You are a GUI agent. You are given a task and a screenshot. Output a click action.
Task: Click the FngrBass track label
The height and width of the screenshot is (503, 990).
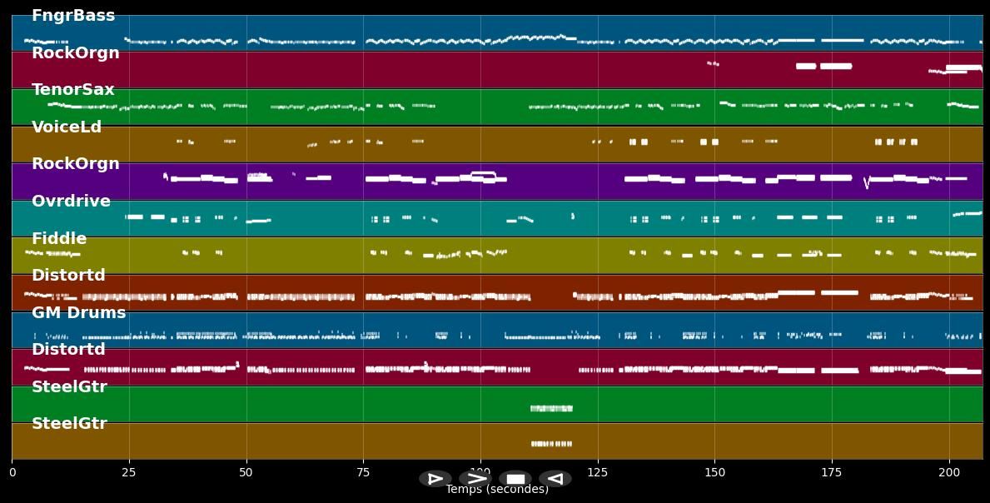(73, 16)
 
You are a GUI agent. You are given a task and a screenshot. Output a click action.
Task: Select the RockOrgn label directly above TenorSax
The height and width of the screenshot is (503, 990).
(75, 53)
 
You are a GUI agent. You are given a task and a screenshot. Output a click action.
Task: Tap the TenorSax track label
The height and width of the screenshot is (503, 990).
(73, 90)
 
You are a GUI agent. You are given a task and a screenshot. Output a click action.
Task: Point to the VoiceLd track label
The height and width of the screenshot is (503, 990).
(67, 127)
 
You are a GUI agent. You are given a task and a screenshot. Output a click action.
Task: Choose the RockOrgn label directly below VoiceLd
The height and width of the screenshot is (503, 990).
(75, 164)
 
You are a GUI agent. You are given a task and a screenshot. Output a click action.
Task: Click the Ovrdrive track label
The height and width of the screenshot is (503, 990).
(71, 202)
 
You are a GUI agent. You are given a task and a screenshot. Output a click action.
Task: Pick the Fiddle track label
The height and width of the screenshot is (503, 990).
(59, 239)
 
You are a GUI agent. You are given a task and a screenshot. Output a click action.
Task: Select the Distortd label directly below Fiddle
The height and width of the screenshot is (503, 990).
(68, 276)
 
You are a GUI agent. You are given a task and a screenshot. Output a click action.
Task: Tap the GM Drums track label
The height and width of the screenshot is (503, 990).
(78, 313)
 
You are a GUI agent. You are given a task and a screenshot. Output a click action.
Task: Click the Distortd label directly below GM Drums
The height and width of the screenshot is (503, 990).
(68, 350)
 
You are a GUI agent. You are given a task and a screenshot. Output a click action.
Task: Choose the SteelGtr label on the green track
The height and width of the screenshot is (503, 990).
(69, 387)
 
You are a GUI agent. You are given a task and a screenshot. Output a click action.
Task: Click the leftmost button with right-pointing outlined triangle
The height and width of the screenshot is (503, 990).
(435, 479)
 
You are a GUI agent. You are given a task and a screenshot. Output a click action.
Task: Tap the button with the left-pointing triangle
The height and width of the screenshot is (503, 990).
(555, 479)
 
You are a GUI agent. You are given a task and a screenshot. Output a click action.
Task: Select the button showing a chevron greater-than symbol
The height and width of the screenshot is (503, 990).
(475, 479)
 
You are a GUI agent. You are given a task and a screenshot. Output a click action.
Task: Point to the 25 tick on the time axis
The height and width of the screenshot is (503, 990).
(129, 473)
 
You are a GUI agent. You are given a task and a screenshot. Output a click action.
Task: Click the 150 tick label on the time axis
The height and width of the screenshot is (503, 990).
(714, 473)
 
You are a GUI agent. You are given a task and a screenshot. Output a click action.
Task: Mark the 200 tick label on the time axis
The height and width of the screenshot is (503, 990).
(949, 473)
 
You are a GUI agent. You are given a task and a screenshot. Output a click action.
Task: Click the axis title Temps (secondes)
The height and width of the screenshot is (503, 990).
(497, 490)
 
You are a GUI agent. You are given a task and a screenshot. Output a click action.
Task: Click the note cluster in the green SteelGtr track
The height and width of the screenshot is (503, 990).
(551, 408)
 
